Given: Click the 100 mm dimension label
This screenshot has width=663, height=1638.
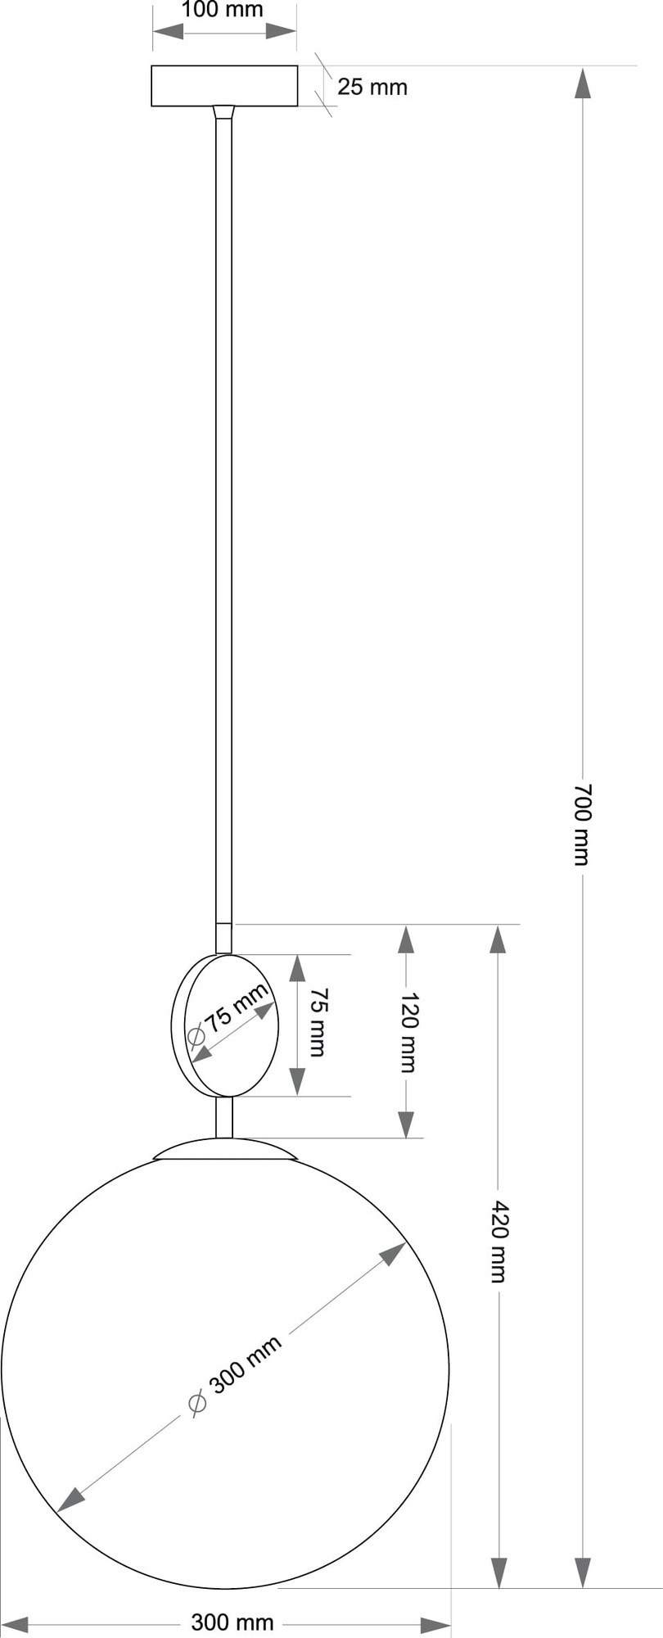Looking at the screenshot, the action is coord(223,10).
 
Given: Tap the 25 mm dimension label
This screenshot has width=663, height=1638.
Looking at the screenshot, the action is coord(372,87).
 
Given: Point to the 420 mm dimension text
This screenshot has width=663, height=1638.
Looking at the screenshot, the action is coord(498,1241).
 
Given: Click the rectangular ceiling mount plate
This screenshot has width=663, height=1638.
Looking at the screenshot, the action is coord(223,86).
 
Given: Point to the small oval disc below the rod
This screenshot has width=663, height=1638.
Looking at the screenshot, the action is coord(226,1025).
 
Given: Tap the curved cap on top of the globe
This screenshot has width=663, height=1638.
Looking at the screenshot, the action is coord(224,1148).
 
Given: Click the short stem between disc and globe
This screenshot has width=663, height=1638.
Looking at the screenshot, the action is coord(223,1117).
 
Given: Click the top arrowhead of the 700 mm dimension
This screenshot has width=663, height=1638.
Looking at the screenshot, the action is coord(582,84).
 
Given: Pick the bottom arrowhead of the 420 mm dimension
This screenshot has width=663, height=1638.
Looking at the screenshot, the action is coord(498,1572).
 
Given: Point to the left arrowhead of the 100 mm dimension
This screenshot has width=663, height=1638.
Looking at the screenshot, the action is coord(168,33).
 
